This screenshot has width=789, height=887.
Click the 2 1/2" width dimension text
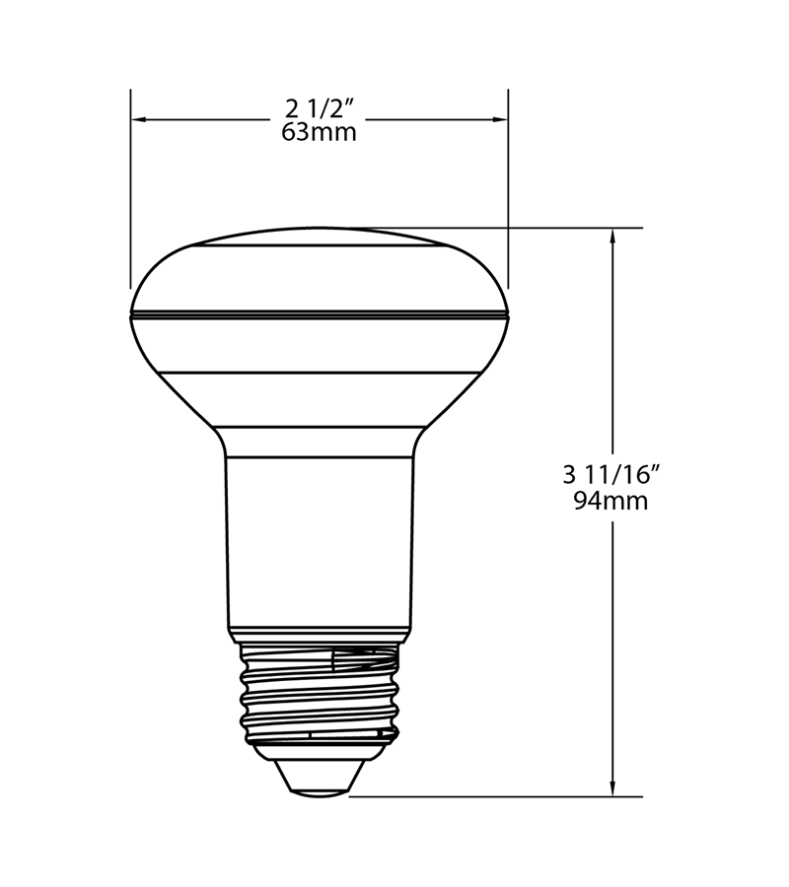[319, 107]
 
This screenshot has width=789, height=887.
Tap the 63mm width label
[319, 133]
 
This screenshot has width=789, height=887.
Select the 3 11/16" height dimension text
[610, 474]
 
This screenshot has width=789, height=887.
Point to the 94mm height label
[610, 501]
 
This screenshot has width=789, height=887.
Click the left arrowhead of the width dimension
[138, 119]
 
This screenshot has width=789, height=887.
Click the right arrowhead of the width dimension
[501, 119]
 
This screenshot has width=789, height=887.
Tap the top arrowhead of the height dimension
[613, 237]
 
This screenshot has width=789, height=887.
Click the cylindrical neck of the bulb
[319, 542]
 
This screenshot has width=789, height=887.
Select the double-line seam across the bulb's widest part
[319, 315]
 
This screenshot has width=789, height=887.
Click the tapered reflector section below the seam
[319, 394]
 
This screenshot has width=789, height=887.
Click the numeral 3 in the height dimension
[568, 474]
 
